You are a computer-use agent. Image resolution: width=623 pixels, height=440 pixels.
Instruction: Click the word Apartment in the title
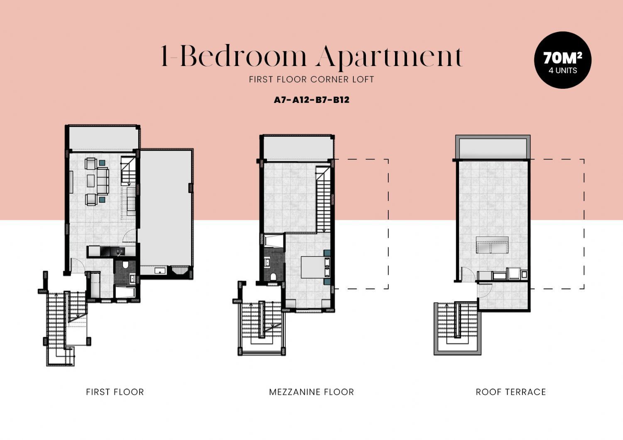click(390, 57)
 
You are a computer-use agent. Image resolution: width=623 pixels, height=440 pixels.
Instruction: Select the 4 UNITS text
click(563, 70)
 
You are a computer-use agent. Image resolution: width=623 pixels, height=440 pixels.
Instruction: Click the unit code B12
click(341, 100)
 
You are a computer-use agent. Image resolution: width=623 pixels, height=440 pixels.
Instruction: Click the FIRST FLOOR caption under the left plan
click(115, 392)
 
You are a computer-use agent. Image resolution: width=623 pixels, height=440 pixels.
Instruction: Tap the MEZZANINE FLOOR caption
click(311, 392)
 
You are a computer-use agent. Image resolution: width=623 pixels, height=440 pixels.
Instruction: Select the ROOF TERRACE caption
click(510, 392)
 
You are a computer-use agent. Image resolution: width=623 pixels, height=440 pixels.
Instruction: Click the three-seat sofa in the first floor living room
click(102, 181)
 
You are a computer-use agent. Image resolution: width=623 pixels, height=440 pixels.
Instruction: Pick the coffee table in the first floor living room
click(91, 181)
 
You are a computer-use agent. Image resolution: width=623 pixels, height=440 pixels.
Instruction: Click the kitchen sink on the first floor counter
click(119, 252)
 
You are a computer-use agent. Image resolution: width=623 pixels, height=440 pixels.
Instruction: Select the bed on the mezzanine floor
click(316, 267)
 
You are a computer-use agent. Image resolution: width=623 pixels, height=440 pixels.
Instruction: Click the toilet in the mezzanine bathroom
click(273, 277)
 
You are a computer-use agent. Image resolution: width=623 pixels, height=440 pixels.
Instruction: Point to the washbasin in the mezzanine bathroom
click(267, 262)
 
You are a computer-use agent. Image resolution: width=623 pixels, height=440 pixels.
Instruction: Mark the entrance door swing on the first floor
click(77, 265)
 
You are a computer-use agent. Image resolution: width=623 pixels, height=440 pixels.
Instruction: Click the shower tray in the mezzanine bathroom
click(273, 241)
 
